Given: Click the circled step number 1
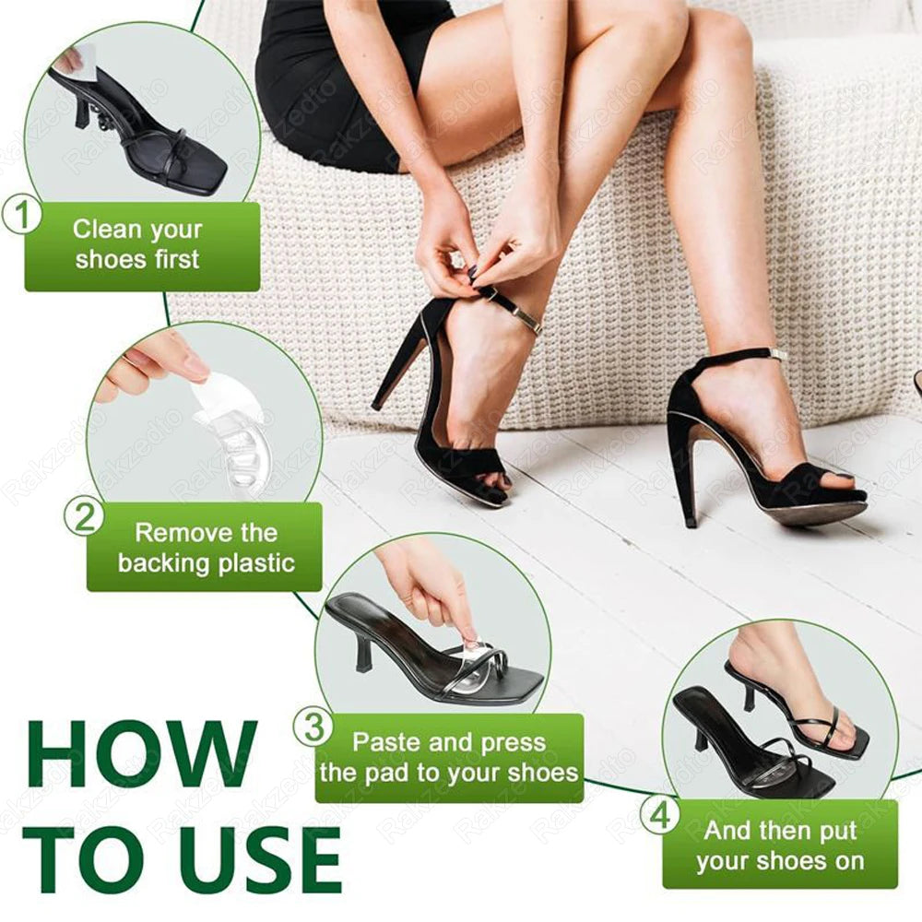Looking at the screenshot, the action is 22,216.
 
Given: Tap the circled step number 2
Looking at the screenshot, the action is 85,516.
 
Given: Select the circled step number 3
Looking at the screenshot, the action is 313,727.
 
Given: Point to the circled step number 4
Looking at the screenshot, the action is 660,814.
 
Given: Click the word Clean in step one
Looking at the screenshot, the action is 107,228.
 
